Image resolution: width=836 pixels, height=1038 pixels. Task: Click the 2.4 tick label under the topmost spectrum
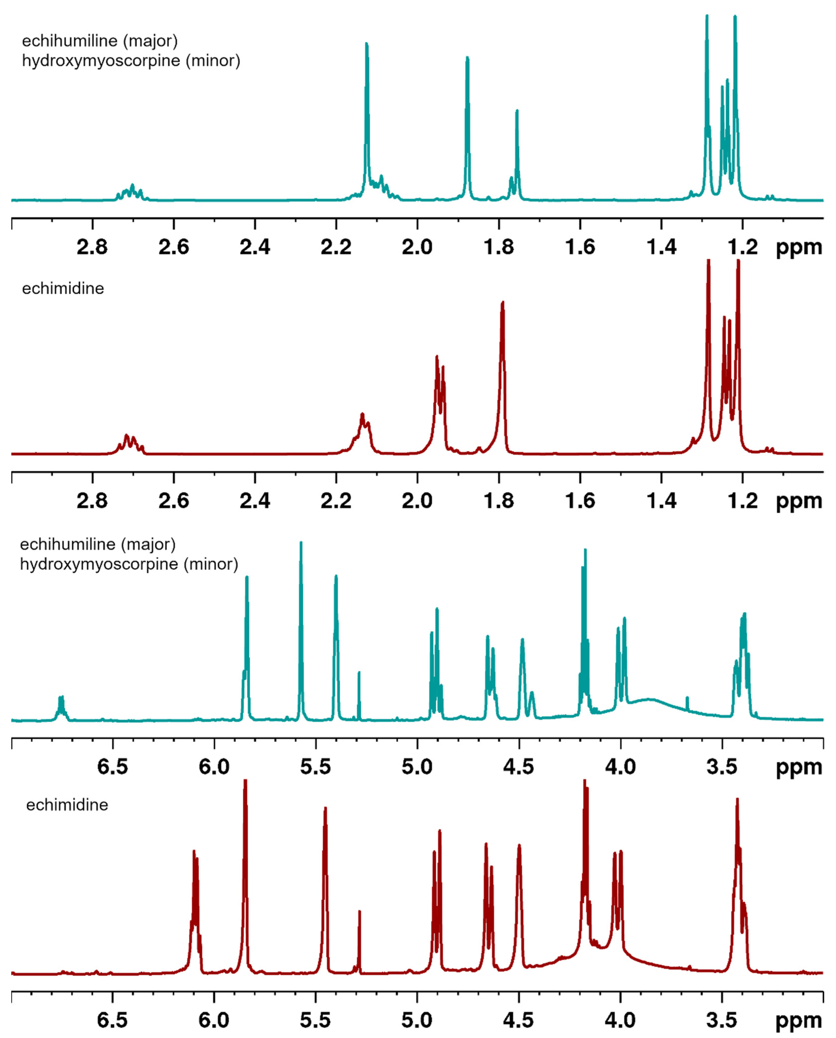click(x=255, y=247)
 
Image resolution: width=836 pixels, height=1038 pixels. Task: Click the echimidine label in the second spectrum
click(x=63, y=288)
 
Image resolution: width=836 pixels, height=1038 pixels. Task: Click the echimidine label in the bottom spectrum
click(x=67, y=805)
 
